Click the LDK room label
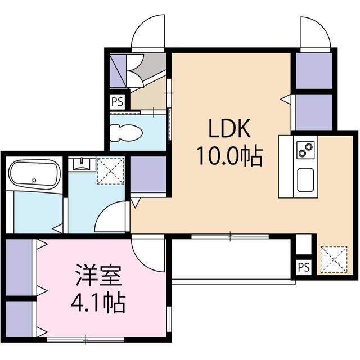[229, 129]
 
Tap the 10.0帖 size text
[229, 156]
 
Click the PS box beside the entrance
[118, 101]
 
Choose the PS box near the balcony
[304, 267]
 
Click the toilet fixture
[126, 133]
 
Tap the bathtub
[34, 174]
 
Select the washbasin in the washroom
[82, 164]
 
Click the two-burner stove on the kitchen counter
[305, 150]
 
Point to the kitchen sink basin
[305, 180]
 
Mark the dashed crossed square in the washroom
[111, 170]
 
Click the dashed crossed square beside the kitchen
[334, 259]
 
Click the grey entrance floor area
[151, 64]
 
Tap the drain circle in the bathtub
[34, 181]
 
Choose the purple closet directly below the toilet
[148, 174]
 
